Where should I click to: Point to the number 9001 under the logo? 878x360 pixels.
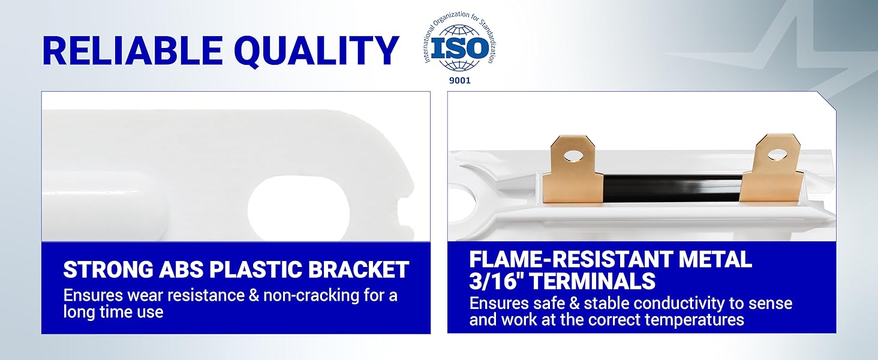[x=460, y=81]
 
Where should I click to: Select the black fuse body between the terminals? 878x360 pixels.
[x=671, y=188]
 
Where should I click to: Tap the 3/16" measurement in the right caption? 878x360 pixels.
[x=498, y=281]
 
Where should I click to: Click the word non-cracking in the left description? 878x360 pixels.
[x=311, y=295]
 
